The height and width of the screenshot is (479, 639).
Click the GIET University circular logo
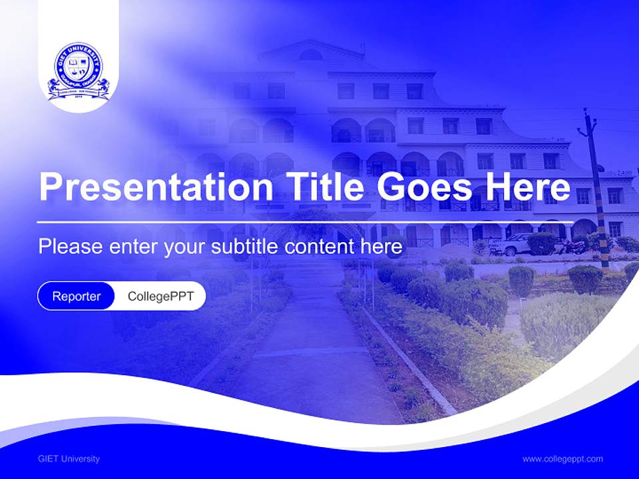coord(78,71)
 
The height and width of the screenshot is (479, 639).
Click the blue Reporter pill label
coord(77,296)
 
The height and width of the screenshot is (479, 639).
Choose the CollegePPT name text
coord(160,296)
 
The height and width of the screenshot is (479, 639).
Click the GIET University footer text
coord(69,458)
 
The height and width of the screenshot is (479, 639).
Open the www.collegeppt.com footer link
coord(562,458)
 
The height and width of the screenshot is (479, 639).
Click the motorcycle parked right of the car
coord(571,245)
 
